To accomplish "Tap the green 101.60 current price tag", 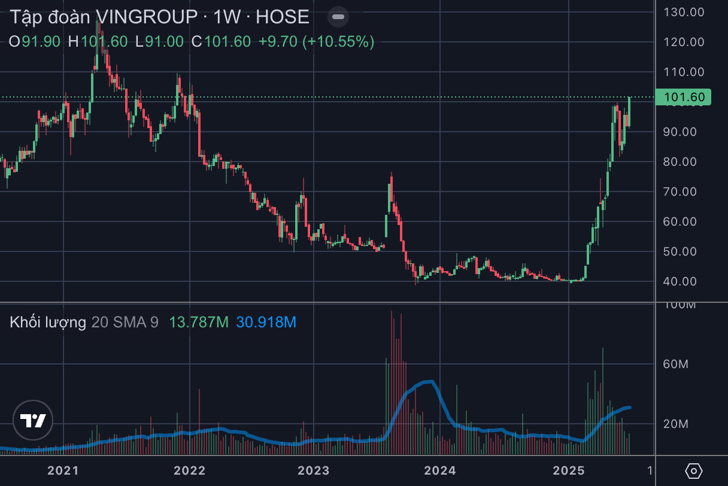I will tap(683, 97).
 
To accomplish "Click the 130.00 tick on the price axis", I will tap(687, 12).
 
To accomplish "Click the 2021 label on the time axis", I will tap(63, 470).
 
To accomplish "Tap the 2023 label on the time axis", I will tap(314, 470).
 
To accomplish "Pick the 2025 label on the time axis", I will tap(568, 470).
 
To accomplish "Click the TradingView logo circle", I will tap(34, 420).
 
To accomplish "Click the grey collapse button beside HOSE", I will tap(338, 17).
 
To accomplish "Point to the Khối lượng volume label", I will tap(48, 323).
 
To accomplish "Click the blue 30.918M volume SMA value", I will tap(266, 323).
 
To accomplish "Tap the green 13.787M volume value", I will tap(199, 323).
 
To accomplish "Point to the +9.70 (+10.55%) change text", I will tap(316, 41).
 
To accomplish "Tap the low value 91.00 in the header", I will tap(163, 41).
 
